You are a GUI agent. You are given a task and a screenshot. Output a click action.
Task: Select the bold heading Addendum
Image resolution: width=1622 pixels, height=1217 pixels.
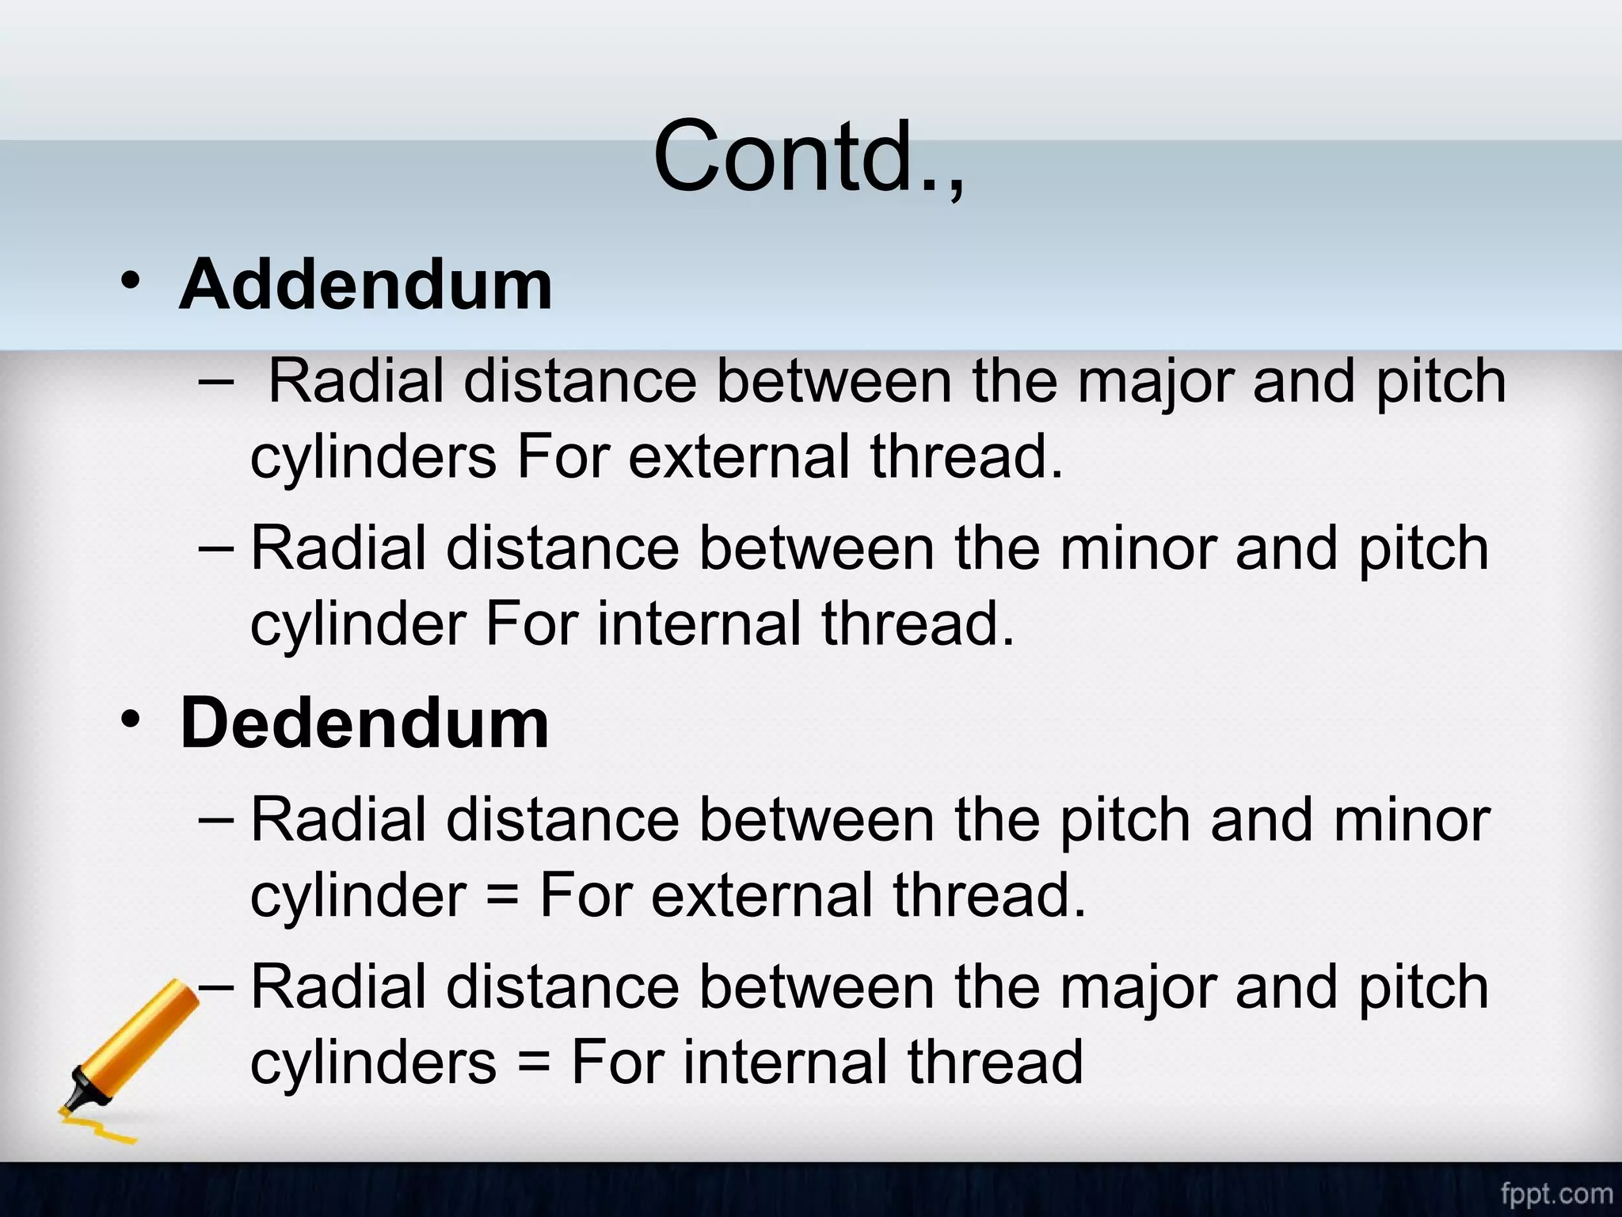click(x=365, y=284)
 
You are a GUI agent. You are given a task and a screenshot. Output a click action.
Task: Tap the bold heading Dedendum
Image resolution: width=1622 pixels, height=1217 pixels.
click(x=364, y=723)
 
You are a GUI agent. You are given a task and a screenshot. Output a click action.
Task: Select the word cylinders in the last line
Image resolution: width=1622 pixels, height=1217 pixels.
click(x=373, y=1062)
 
